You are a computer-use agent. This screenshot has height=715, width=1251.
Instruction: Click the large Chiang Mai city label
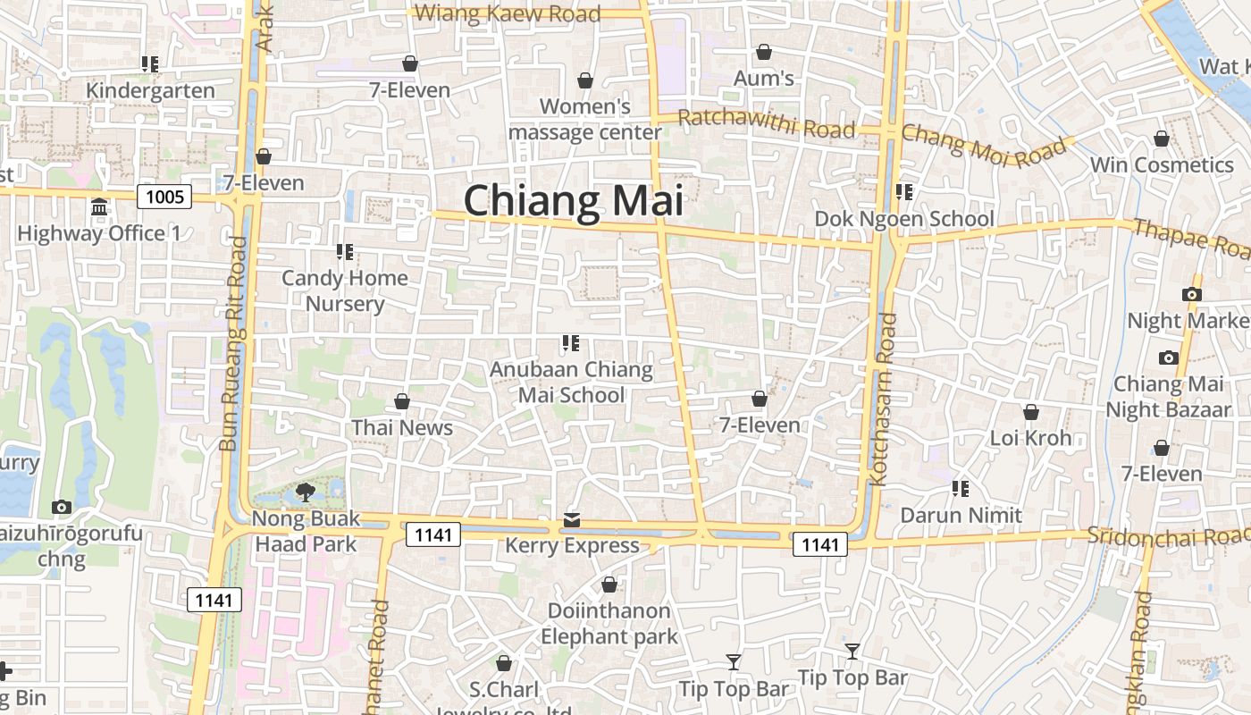click(573, 200)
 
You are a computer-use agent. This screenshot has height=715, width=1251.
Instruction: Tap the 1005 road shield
click(164, 197)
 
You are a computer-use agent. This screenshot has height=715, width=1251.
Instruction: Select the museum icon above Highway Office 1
click(99, 207)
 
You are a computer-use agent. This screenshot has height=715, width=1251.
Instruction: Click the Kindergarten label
click(150, 90)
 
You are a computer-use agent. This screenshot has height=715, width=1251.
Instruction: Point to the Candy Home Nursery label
click(345, 290)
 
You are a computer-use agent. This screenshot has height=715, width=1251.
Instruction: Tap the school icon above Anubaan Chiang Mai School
click(571, 343)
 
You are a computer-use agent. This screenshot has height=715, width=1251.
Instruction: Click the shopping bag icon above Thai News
click(402, 401)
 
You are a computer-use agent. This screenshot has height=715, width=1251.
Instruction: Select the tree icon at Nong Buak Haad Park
click(305, 491)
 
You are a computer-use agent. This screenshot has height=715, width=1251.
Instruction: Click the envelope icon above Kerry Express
click(572, 520)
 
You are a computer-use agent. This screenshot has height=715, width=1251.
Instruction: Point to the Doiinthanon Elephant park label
click(609, 624)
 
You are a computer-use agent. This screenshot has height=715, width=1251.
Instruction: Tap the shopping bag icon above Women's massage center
click(585, 81)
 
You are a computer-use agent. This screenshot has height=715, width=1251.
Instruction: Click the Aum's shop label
click(764, 79)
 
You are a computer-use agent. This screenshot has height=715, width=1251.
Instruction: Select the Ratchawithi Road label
click(767, 124)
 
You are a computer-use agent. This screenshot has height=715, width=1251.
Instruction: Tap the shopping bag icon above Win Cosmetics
click(1162, 139)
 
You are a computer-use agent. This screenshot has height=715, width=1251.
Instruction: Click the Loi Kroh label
click(1030, 438)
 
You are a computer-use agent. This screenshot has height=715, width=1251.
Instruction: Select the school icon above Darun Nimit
click(961, 489)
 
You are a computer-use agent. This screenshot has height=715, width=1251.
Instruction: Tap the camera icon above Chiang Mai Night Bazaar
click(1168, 358)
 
